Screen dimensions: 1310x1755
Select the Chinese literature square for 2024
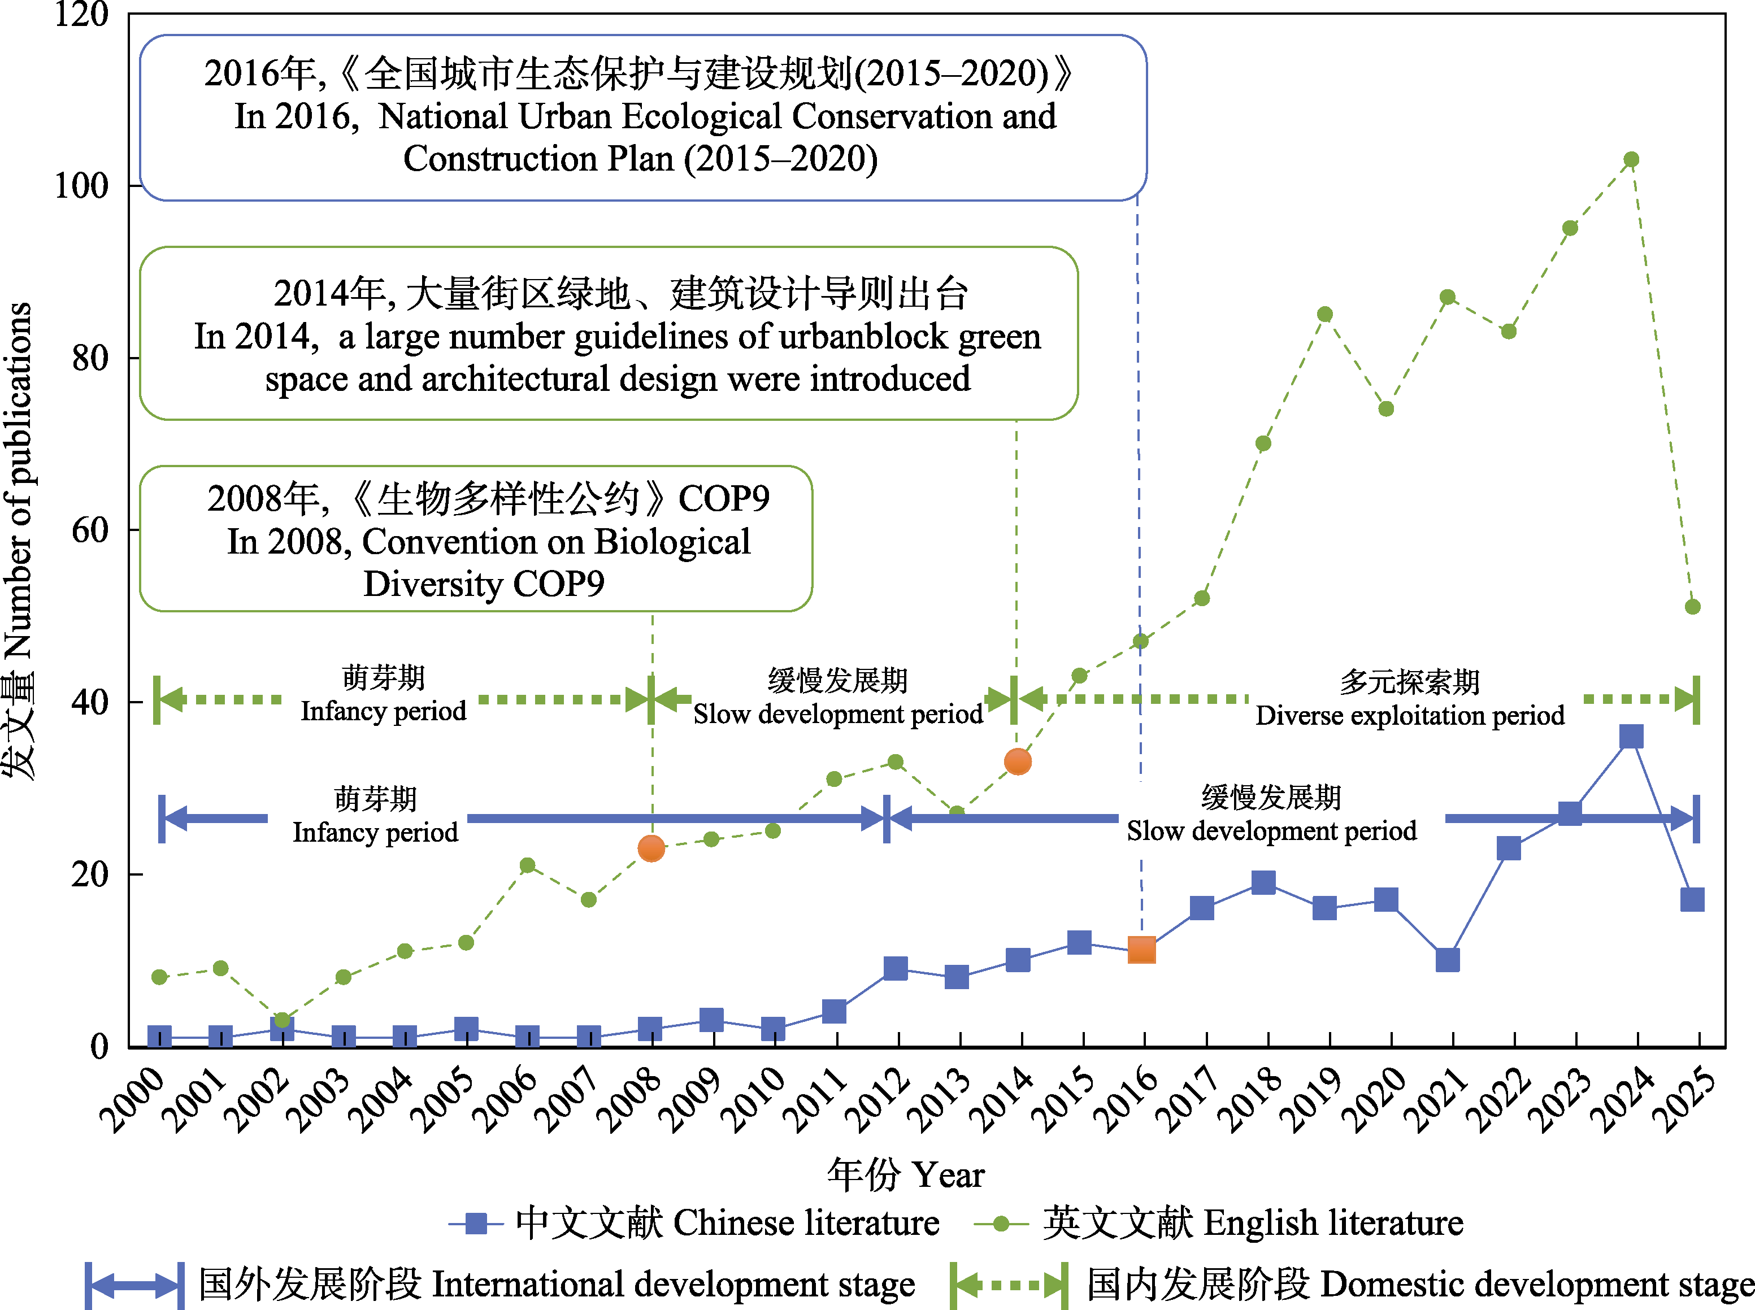point(1631,736)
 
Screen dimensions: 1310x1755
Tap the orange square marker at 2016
point(1141,949)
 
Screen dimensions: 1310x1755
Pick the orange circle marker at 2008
point(651,848)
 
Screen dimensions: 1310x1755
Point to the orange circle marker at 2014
point(1018,762)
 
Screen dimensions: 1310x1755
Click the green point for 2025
point(1692,607)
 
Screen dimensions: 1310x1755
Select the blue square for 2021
point(1447,960)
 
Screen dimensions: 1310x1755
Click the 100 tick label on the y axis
point(81,185)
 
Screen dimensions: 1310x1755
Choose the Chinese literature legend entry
point(694,1223)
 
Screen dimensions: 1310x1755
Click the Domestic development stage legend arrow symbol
point(1009,1285)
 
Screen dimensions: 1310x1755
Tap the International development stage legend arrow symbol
point(135,1285)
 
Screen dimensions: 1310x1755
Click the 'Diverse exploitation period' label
point(1409,715)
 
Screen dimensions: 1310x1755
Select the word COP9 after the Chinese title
point(723,499)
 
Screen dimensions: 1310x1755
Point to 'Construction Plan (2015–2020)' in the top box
point(640,159)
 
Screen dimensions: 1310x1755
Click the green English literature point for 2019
point(1324,315)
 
